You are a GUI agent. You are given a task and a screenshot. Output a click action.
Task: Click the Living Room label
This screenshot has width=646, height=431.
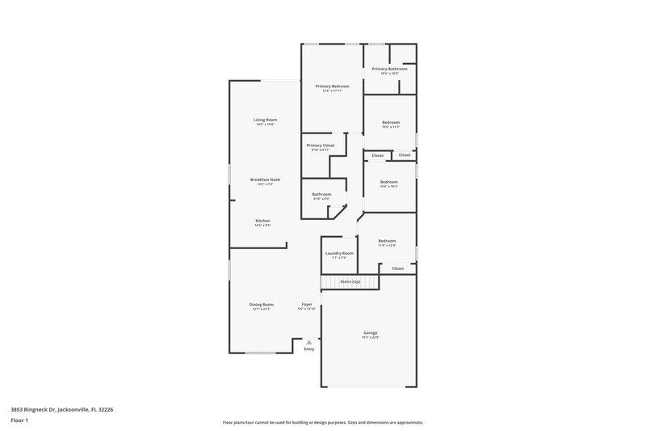[x=266, y=120]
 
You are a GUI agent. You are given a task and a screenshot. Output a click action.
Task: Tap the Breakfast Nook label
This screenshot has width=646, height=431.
[x=265, y=180]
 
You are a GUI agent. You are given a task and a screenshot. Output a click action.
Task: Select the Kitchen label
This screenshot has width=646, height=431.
[x=263, y=221]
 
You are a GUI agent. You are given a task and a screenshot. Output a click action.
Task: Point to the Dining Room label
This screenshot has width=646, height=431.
[x=262, y=304]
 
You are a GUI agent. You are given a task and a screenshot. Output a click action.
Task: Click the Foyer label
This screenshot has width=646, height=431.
[x=307, y=304]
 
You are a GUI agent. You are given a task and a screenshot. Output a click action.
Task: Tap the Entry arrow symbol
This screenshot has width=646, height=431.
[x=308, y=342]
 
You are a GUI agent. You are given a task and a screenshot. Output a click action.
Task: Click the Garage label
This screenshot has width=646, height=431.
[x=371, y=332]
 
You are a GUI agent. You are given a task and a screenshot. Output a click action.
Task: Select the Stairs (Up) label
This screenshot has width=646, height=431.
[x=350, y=281]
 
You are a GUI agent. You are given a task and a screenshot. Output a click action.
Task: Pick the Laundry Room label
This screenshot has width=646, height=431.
[x=339, y=253]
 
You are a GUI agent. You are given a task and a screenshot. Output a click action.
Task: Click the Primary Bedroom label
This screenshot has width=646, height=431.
[x=333, y=87]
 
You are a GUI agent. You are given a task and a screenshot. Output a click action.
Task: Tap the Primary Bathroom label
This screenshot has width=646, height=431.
[x=389, y=69]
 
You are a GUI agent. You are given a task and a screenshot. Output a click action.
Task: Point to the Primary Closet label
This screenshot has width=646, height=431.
[x=320, y=146]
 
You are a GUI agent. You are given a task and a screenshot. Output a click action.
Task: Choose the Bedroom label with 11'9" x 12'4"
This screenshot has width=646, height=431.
[x=387, y=240]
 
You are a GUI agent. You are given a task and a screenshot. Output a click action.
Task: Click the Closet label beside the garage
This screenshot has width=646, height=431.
[x=397, y=268]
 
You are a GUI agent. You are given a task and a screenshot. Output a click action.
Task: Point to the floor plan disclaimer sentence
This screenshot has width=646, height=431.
[x=323, y=422]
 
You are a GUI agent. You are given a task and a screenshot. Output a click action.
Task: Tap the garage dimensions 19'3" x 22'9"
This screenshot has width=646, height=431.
[x=371, y=337]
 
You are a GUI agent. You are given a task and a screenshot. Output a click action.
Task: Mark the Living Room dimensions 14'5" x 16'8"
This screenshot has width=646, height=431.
[x=266, y=125]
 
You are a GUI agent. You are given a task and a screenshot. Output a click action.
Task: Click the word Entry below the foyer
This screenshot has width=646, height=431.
[x=308, y=349]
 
